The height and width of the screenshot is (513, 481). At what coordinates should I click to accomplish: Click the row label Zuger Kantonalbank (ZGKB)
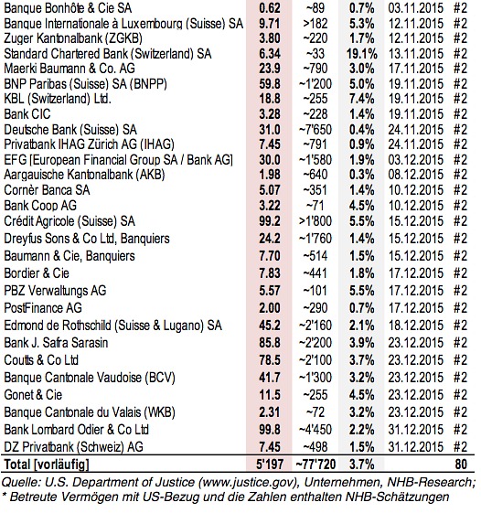[73, 38]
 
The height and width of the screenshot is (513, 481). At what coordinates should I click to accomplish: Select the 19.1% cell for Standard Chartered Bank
[361, 54]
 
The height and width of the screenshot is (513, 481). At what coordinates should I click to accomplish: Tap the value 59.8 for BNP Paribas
[270, 84]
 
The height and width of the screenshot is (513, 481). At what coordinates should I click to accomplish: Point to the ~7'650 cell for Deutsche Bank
[315, 130]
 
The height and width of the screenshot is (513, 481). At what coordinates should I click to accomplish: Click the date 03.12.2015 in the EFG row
[415, 160]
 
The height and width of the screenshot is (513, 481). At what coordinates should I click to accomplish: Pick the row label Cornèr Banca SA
[47, 190]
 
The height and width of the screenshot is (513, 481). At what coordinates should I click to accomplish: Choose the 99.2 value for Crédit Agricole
[270, 221]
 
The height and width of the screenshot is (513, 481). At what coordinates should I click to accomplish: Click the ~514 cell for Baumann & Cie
[315, 255]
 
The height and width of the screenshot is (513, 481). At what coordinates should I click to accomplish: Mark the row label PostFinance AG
[43, 308]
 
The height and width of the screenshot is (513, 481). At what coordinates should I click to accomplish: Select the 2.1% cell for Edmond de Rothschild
[361, 326]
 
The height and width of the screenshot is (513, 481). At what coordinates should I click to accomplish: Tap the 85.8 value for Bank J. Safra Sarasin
[270, 343]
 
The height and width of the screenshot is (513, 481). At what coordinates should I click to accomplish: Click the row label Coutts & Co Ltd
[41, 360]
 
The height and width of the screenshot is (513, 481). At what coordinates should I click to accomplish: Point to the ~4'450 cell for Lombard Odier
[315, 429]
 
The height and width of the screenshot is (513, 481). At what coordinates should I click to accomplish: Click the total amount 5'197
[270, 464]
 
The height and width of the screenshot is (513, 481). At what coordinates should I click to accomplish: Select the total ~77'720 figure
[315, 464]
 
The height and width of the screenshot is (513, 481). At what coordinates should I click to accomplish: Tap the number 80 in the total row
[461, 464]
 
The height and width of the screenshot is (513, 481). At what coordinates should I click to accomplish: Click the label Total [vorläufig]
[47, 465]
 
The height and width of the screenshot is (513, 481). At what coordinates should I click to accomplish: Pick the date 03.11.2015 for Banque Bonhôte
[415, 8]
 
